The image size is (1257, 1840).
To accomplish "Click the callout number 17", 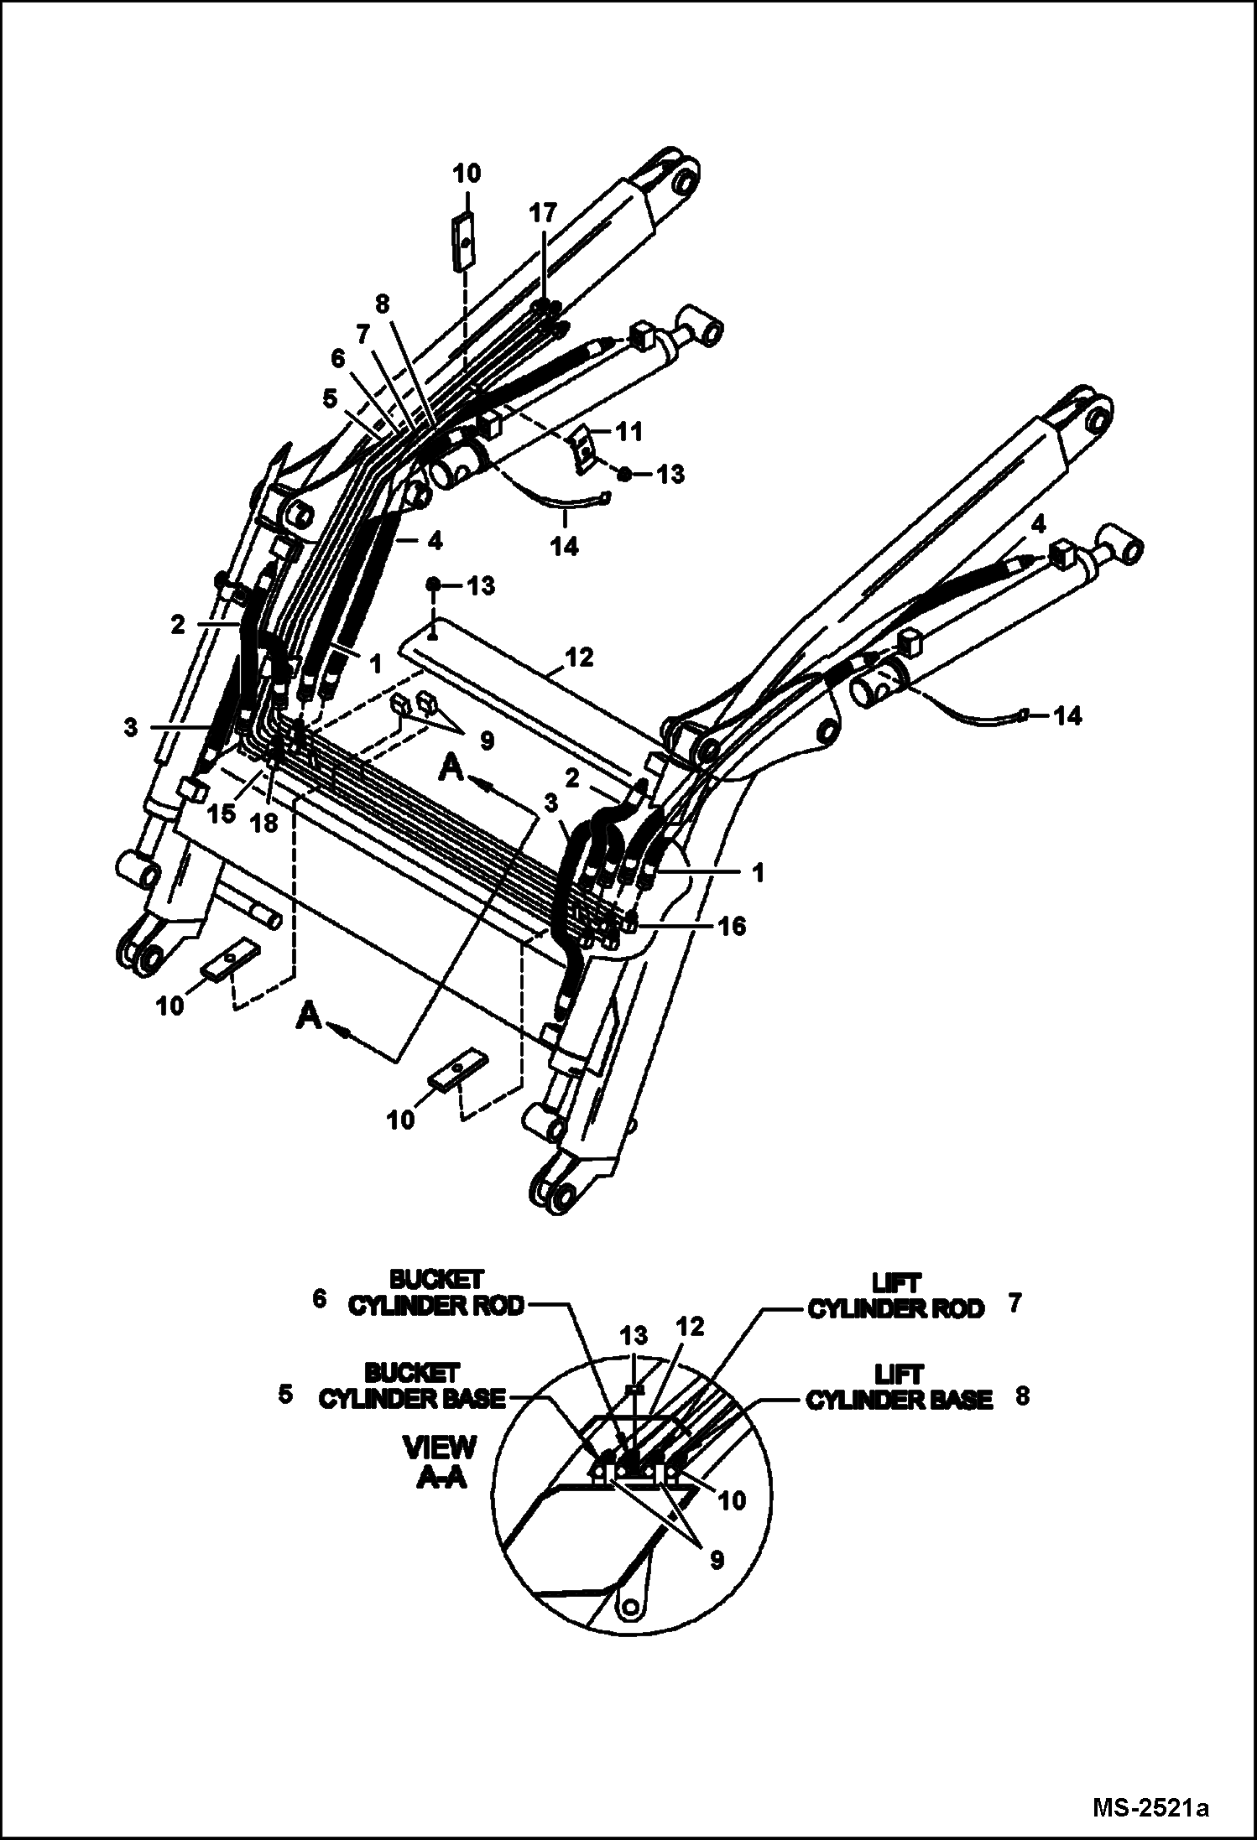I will tap(543, 213).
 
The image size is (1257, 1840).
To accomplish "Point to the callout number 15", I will tap(222, 813).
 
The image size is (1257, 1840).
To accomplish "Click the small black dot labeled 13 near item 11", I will tap(624, 475).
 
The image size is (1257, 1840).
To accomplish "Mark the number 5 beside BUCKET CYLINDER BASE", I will tap(285, 1395).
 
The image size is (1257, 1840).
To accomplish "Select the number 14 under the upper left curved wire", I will tap(565, 546).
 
